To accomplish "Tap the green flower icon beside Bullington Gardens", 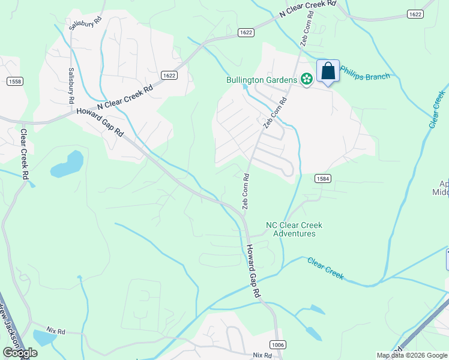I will point(306,79).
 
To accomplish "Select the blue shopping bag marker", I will point(328,71).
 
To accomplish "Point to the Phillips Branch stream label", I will point(365,75).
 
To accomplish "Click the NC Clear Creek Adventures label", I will point(294,229).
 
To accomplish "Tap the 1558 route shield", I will point(15,81).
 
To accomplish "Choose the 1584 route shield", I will point(321,179).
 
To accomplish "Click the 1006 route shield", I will point(278,344).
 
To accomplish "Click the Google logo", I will point(19,353).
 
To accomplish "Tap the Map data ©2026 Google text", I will point(412,355).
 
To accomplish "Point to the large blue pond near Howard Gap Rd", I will point(67,165).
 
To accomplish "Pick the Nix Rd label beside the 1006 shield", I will point(263,355).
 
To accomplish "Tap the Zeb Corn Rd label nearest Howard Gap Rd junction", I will point(246,191).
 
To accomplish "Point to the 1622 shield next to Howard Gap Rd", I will point(169,75).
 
